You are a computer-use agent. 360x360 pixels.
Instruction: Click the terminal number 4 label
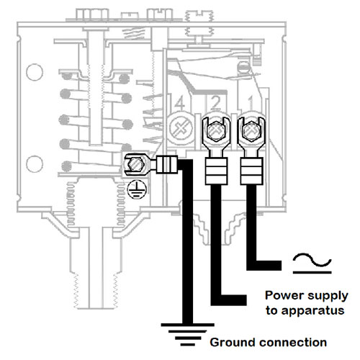click(x=179, y=104)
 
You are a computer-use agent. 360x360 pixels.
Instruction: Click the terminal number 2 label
click(x=216, y=103)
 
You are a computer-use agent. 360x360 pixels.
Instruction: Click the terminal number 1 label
click(x=251, y=103)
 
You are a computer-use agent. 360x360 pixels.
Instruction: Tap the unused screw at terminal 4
click(x=181, y=127)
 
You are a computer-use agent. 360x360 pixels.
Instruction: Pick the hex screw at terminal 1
click(x=251, y=131)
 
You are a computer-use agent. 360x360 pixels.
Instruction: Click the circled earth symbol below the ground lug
click(x=137, y=190)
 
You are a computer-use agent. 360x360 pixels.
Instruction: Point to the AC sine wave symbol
click(x=312, y=263)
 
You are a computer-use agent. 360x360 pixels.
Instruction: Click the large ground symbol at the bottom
click(x=187, y=334)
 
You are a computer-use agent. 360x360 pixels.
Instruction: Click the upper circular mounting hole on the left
click(x=35, y=72)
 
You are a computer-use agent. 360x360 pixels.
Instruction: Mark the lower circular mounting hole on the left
click(x=35, y=164)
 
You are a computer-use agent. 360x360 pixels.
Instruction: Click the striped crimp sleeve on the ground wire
click(x=167, y=164)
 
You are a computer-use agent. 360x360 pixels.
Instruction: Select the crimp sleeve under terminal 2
click(x=216, y=171)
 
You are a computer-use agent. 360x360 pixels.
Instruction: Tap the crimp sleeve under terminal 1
click(x=252, y=171)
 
